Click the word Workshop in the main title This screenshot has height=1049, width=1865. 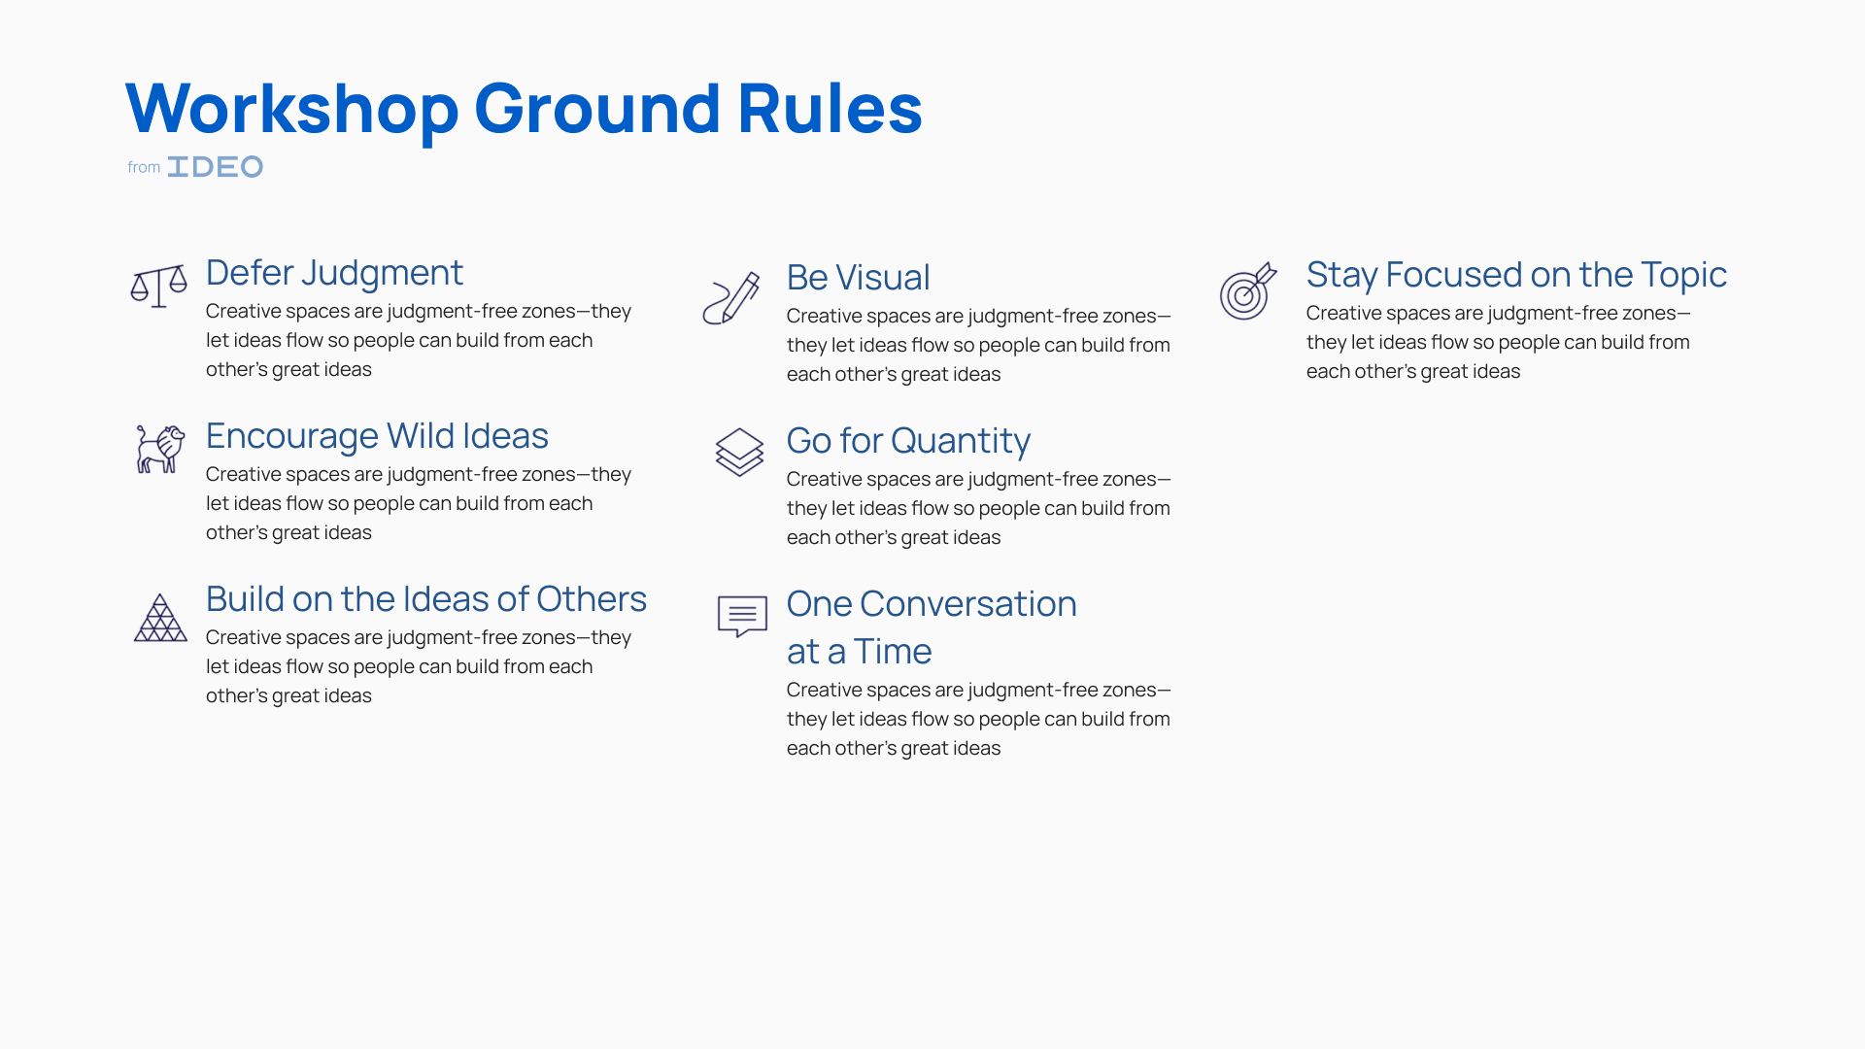[x=292, y=109]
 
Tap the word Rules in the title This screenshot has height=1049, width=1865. [x=830, y=108]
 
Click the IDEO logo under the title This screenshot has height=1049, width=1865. [x=215, y=167]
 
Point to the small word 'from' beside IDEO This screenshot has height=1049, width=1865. [x=144, y=167]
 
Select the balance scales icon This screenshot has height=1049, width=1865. [x=158, y=287]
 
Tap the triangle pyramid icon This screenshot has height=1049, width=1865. [x=160, y=618]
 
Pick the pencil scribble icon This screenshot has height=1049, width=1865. [x=731, y=297]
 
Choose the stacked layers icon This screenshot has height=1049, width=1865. [x=740, y=453]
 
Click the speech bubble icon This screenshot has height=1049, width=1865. [x=742, y=616]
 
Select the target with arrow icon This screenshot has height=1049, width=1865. [x=1248, y=290]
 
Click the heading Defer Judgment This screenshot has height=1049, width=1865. [x=334, y=274]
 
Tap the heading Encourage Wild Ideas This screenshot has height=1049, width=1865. [x=377, y=437]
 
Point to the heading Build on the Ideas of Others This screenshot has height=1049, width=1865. [x=426, y=599]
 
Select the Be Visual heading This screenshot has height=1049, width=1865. [x=859, y=278]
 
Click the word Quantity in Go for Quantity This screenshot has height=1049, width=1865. [x=961, y=442]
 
